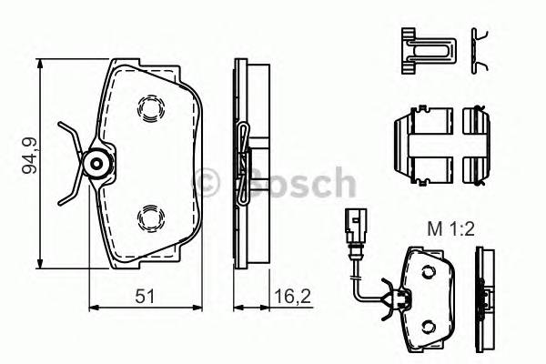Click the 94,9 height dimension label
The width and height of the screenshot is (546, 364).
pyautogui.click(x=30, y=155)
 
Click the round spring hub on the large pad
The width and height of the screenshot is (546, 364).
pyautogui.click(x=97, y=164)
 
